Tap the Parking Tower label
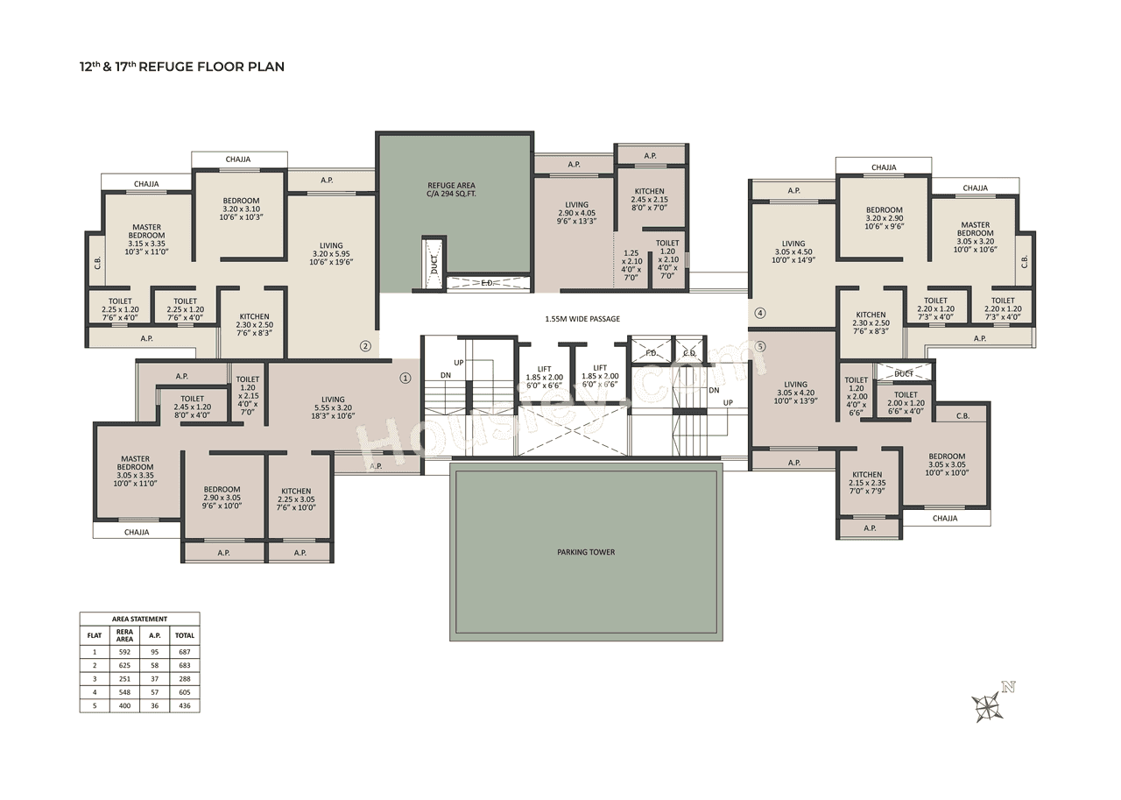pyautogui.click(x=586, y=552)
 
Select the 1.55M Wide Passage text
pyautogui.click(x=582, y=319)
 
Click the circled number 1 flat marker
pyautogui.click(x=405, y=379)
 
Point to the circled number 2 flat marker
pyautogui.click(x=365, y=346)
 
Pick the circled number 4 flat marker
pyautogui.click(x=759, y=313)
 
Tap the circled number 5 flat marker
pyautogui.click(x=759, y=346)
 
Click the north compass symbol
pyautogui.click(x=988, y=704)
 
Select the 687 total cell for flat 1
pyautogui.click(x=184, y=652)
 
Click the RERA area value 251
pyautogui.click(x=124, y=679)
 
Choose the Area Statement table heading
pyautogui.click(x=139, y=619)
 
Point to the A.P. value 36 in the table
pyautogui.click(x=154, y=705)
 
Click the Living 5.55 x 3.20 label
pyautogui.click(x=333, y=407)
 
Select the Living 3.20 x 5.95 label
pyautogui.click(x=331, y=254)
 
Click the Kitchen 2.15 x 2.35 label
pyautogui.click(x=867, y=482)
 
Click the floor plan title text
pyautogui.click(x=182, y=67)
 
